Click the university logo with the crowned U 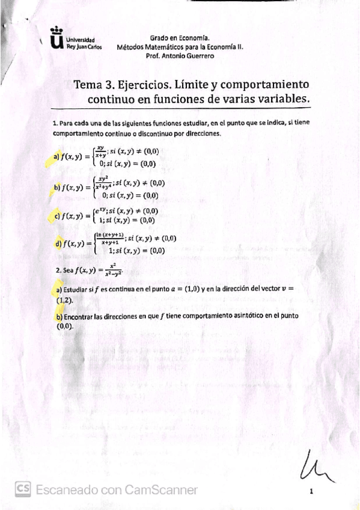click(57, 39)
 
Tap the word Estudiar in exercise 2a click(76, 289)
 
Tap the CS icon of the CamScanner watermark click(23, 490)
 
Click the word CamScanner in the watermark click(160, 490)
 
